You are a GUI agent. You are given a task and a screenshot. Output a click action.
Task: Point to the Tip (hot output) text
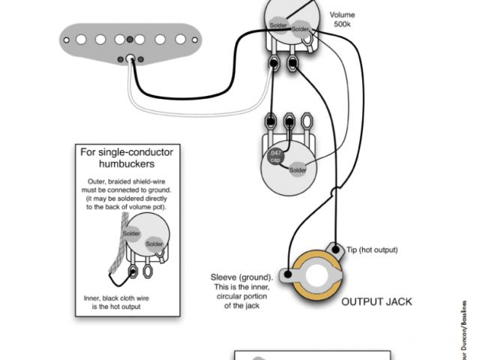pyautogui.click(x=372, y=250)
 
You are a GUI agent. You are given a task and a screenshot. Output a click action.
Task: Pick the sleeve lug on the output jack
pyautogui.click(x=287, y=275)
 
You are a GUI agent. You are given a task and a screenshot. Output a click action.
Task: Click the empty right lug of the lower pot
pyautogui.click(x=307, y=120)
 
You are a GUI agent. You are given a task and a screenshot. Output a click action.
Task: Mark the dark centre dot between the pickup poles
pyautogui.click(x=131, y=39)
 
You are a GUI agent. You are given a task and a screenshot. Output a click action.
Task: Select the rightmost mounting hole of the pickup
pyautogui.click(x=195, y=38)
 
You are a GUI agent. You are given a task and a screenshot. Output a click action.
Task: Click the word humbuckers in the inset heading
pyautogui.click(x=126, y=163)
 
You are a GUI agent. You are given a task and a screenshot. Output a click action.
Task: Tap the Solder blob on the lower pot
pyautogui.click(x=298, y=169)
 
